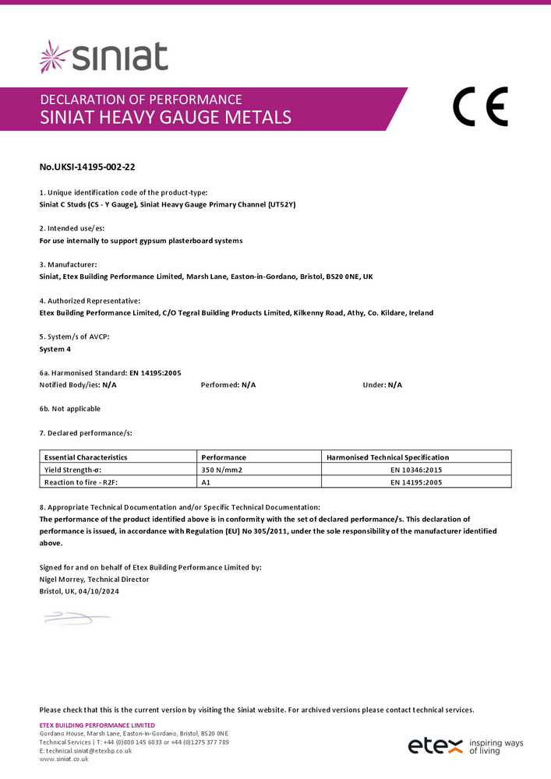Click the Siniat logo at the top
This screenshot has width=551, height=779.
coord(104,57)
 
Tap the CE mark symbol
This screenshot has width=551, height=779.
coord(480,107)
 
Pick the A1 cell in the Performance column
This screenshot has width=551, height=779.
coord(207,482)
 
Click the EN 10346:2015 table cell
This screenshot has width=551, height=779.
coord(416,470)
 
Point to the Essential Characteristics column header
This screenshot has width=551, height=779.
coord(86,457)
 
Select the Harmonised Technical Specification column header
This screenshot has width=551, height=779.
coord(387,457)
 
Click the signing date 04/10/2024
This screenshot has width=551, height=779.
coord(99,591)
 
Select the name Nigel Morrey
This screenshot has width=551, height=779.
coord(62,580)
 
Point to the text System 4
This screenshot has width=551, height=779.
coord(55,349)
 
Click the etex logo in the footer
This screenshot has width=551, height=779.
coord(436,746)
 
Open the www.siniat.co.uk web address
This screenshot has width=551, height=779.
coord(64,759)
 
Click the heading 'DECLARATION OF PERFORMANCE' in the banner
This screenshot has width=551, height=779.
coord(140,100)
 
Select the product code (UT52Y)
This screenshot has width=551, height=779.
coord(282,204)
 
